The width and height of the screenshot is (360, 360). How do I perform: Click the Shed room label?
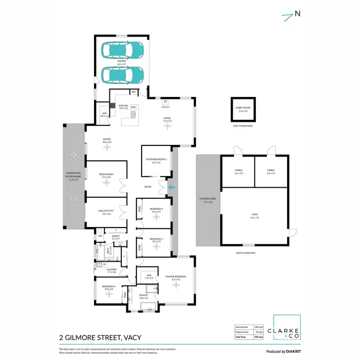tap(254, 216)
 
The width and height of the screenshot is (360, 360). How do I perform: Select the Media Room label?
tap(106, 176)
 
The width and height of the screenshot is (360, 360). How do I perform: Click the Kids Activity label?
tap(106, 212)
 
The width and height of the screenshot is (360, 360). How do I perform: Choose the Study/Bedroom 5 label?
tap(156, 160)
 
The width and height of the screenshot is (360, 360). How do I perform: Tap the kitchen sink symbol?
tap(134, 115)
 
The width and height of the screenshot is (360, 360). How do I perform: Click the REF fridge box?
tap(133, 91)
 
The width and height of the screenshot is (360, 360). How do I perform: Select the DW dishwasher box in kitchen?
tap(133, 107)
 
